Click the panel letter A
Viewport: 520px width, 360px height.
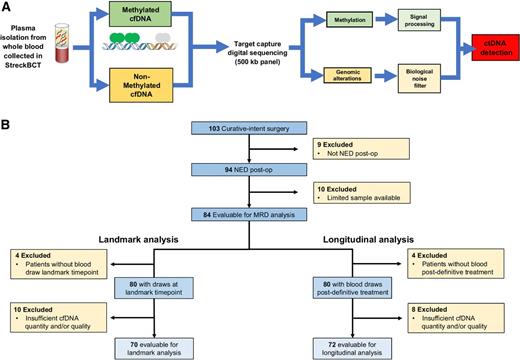point(8,7)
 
